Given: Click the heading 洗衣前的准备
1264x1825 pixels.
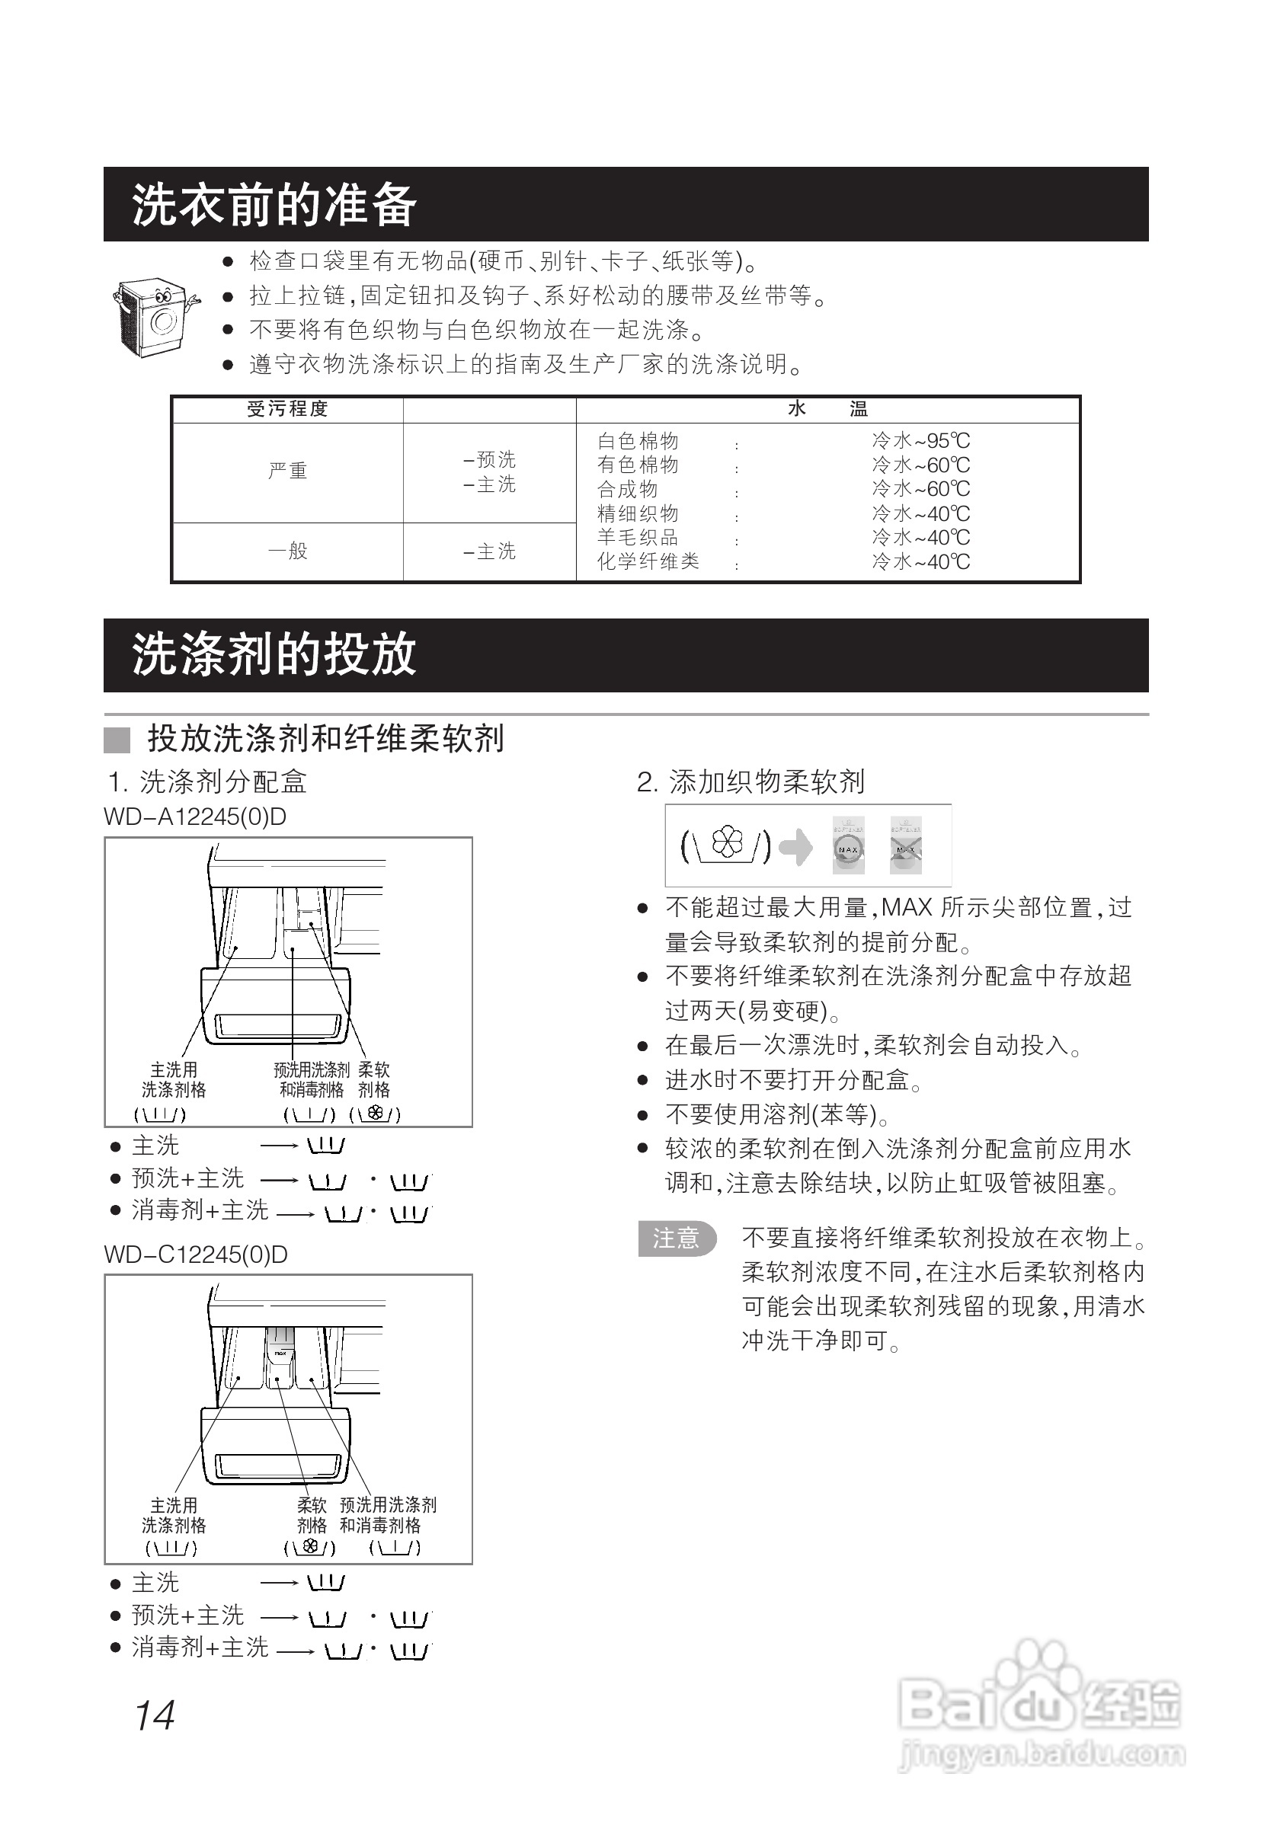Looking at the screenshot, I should point(274,204).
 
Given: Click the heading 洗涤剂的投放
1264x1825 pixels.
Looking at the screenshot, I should point(274,655).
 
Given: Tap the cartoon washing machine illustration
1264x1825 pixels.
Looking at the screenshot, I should point(155,317).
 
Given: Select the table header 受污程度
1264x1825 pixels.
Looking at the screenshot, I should point(287,409).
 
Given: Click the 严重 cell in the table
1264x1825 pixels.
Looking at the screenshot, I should point(287,471).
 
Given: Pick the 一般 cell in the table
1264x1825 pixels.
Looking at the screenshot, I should point(287,551).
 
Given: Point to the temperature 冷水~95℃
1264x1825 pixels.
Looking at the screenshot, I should point(920,441).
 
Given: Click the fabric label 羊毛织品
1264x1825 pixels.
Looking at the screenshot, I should point(638,538).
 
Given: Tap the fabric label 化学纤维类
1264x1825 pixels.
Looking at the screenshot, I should point(648,562).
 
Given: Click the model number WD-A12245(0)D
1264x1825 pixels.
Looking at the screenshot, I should point(195,817).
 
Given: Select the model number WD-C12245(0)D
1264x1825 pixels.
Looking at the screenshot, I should point(196,1255).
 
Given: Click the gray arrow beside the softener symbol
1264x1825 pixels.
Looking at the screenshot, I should point(796,847).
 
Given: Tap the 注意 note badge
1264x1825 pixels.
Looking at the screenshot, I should point(677,1239).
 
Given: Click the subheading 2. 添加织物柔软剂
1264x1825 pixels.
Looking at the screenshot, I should point(750,782).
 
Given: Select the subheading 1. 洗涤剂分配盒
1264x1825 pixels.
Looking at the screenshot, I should point(206,782).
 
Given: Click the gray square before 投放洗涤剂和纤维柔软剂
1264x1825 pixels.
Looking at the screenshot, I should point(117,740).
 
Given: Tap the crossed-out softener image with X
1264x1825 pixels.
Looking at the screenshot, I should point(905,845).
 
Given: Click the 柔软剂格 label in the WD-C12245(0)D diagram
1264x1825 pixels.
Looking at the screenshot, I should point(312,1515).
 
